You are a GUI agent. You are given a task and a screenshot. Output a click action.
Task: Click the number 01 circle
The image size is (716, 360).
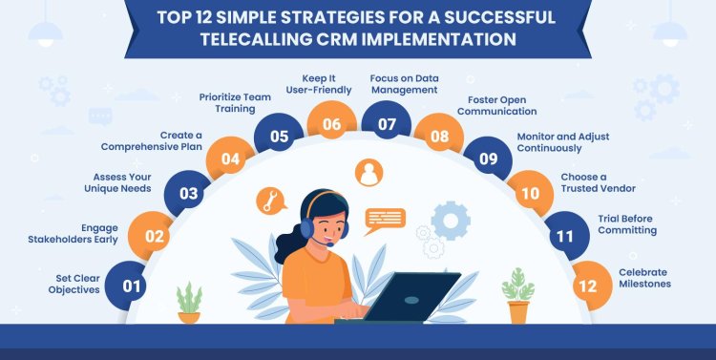[130, 285]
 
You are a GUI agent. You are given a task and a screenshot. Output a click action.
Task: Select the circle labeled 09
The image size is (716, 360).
[487, 159]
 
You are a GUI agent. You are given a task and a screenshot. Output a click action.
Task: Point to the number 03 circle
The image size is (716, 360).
[188, 195]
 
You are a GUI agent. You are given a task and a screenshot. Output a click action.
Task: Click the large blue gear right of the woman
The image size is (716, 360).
[451, 220]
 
